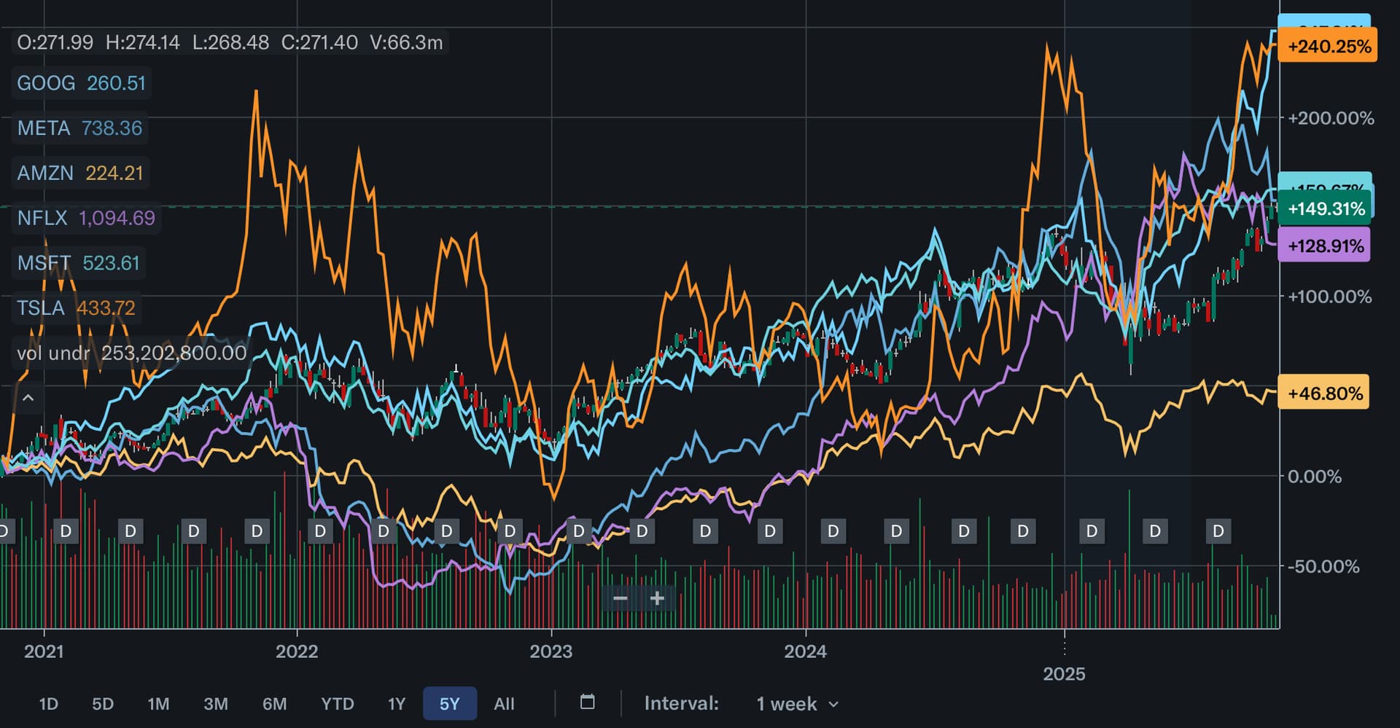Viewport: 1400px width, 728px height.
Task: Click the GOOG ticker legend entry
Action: point(81,83)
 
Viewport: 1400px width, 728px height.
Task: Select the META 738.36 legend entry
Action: point(79,128)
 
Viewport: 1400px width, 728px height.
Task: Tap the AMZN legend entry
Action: point(80,173)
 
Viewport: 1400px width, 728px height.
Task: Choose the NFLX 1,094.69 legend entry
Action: point(86,218)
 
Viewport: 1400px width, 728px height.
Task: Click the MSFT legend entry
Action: point(78,263)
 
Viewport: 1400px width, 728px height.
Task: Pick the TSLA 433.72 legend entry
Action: point(76,308)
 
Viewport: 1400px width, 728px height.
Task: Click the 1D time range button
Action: point(48,704)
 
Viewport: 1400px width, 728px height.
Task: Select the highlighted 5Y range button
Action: point(449,704)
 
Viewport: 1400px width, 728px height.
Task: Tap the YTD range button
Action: point(338,704)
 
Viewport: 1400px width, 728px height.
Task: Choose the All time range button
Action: point(504,704)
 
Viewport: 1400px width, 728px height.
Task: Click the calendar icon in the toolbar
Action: point(587,702)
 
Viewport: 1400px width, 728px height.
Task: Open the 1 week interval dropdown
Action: point(797,704)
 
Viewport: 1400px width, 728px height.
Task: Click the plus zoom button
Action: point(657,599)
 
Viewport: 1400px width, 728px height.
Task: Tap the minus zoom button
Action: point(621,599)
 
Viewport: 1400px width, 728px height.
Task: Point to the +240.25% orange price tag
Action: point(1329,46)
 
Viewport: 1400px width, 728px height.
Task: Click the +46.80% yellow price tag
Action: point(1324,394)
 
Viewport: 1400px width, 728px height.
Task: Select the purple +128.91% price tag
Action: point(1325,246)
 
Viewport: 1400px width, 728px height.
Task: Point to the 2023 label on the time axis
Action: point(551,651)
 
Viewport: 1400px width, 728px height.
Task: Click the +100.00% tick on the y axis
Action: point(1329,297)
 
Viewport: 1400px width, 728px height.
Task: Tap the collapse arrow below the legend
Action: point(28,398)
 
